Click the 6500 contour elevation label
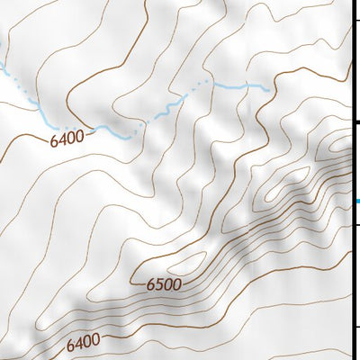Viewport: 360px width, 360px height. pyautogui.click(x=164, y=285)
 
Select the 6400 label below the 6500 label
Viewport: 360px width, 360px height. pyautogui.click(x=83, y=342)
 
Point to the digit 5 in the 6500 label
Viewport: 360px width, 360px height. pyautogui.click(x=159, y=285)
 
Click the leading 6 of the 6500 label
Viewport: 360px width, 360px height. pyautogui.click(x=150, y=285)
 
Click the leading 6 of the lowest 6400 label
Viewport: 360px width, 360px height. pyautogui.click(x=70, y=344)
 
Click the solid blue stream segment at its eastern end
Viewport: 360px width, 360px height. pyautogui.click(x=243, y=86)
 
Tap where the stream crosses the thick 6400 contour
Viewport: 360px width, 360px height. pyautogui.click(x=95, y=128)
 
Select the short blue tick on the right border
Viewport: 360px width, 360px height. pyautogui.click(x=356, y=201)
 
